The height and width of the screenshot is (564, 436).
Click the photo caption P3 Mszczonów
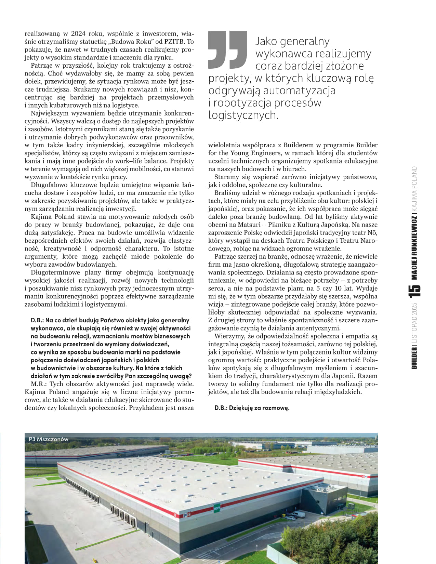[x=49, y=439]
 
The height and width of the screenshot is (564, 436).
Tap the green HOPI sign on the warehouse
[x=216, y=508]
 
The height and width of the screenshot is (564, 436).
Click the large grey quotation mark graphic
[x=228, y=49]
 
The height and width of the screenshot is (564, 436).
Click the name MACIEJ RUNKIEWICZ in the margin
[x=414, y=248]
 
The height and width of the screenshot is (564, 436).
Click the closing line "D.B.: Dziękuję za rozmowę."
[x=252, y=408]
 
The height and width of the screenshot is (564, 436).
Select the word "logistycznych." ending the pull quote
[x=243, y=115]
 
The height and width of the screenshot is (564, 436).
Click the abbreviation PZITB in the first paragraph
[x=175, y=42]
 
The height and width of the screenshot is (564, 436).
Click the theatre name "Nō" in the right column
[x=372, y=233]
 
